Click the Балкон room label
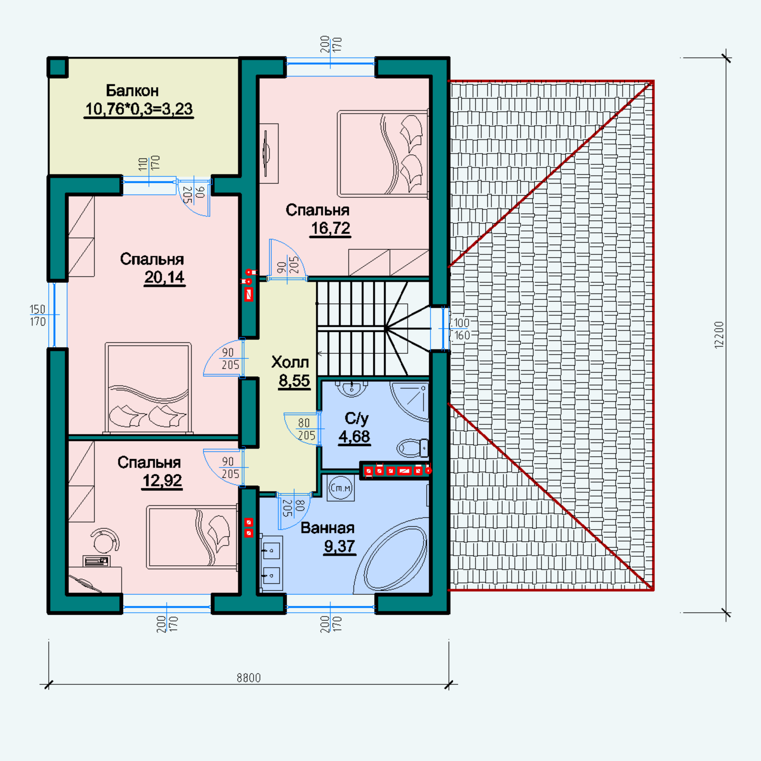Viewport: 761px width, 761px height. click(132, 90)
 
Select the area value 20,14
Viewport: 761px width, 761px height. click(164, 277)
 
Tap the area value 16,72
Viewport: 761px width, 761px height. click(331, 228)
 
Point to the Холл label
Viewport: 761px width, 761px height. click(290, 362)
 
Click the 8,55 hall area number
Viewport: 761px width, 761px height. click(294, 380)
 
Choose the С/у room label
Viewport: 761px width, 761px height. click(356, 419)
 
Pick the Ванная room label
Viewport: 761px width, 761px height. click(328, 528)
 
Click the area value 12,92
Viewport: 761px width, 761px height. click(162, 481)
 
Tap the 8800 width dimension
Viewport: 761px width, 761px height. click(249, 678)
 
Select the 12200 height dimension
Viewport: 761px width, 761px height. click(719, 335)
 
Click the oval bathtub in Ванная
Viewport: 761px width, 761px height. click(396, 558)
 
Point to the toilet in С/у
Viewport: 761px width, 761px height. click(413, 448)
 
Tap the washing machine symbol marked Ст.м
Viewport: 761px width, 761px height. click(341, 488)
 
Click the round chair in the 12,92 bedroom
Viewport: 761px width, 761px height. click(105, 540)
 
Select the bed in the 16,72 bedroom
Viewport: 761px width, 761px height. click(383, 154)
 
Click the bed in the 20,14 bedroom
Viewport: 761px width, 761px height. click(148, 388)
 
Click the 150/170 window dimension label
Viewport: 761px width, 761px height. click(38, 315)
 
